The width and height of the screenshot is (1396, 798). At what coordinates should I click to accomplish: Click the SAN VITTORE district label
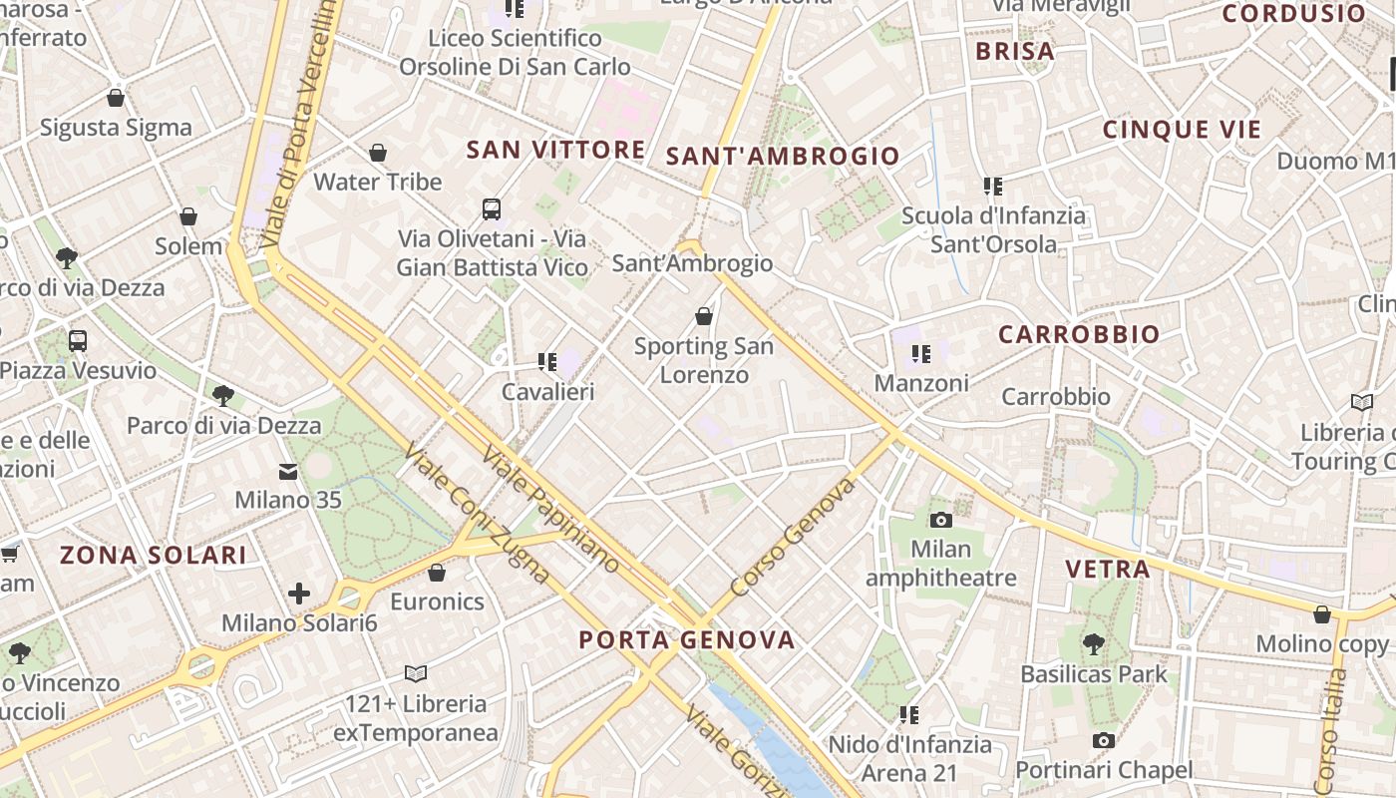[555, 150]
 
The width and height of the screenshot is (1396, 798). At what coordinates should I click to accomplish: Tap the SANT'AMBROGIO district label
[783, 156]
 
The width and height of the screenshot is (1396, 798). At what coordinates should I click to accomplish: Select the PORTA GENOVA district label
[687, 640]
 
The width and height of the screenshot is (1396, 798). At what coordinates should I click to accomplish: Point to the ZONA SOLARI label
[153, 556]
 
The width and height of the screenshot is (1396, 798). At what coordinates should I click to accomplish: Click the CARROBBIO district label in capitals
[1079, 334]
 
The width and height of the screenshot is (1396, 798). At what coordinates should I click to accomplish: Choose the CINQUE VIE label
[1182, 130]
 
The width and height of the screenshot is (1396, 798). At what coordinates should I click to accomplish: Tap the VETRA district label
[1107, 570]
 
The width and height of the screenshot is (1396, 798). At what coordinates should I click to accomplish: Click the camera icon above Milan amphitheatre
[940, 520]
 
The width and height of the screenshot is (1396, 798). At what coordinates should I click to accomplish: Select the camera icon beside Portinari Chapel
[1103, 740]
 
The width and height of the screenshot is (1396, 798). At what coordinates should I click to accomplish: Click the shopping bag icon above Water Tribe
[378, 153]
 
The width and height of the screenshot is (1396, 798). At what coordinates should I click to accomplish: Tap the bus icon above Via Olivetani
[492, 209]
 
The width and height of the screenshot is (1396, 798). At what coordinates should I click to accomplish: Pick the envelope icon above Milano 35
[288, 471]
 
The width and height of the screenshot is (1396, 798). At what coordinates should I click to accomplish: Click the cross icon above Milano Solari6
[299, 595]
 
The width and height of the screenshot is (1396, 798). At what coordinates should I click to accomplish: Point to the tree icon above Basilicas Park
[1093, 644]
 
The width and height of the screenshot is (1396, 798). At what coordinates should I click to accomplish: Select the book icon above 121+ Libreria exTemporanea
[416, 674]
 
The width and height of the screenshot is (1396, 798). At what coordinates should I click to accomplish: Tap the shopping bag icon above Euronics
[437, 573]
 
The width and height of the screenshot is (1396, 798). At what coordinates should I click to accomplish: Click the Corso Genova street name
[793, 538]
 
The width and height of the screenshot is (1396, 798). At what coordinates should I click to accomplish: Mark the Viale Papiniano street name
[550, 510]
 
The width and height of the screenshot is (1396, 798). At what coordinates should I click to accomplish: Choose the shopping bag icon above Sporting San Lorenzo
[704, 316]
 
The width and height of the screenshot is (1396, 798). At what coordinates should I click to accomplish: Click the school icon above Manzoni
[920, 353]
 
